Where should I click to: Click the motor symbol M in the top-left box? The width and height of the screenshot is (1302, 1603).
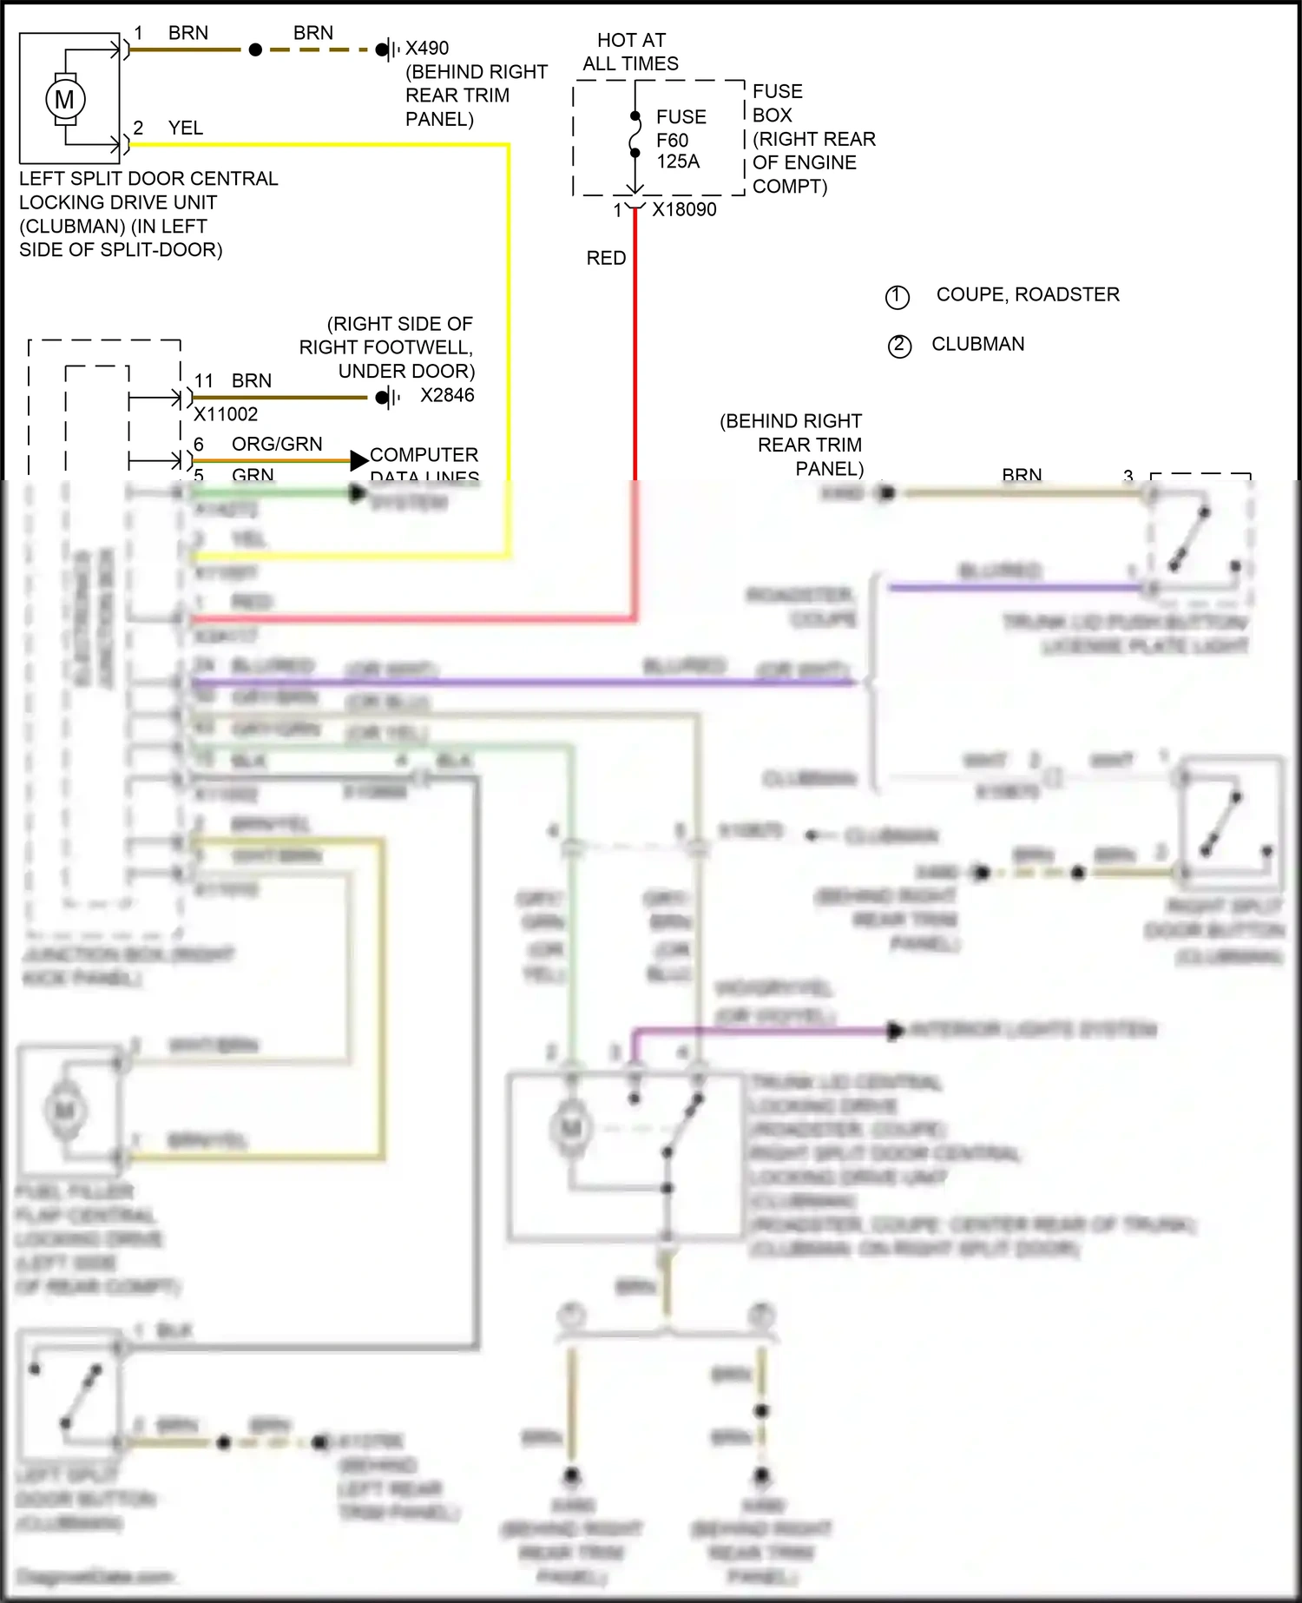coord(65,99)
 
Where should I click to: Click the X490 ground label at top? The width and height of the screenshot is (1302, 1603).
coord(427,49)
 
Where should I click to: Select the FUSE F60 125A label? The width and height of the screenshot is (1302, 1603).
coord(681,139)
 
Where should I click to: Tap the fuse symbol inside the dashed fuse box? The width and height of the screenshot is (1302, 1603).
coord(635,137)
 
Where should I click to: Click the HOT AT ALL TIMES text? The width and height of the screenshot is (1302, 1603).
coord(631,52)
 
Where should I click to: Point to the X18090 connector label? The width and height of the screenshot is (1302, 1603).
coord(684,209)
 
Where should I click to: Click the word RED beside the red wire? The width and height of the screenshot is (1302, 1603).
coord(606,258)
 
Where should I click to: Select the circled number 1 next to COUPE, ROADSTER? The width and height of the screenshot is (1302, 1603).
coord(897,297)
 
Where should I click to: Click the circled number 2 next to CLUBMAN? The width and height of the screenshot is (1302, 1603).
coord(899,346)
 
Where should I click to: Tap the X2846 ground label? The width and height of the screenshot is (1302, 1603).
coord(447,396)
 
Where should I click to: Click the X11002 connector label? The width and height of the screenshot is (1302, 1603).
coord(226,414)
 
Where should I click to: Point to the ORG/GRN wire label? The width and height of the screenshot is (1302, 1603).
coord(276,445)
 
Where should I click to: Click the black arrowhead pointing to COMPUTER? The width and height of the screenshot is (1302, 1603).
coord(358,460)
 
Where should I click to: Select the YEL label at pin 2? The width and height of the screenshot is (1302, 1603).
coord(186,129)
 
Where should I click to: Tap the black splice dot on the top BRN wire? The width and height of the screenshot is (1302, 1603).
coord(255,50)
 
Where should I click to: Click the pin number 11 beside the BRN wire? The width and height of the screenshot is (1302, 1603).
coord(204,381)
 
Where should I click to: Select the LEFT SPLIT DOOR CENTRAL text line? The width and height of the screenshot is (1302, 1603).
coord(148,179)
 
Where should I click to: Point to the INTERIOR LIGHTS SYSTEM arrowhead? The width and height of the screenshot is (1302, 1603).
coord(895,1031)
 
